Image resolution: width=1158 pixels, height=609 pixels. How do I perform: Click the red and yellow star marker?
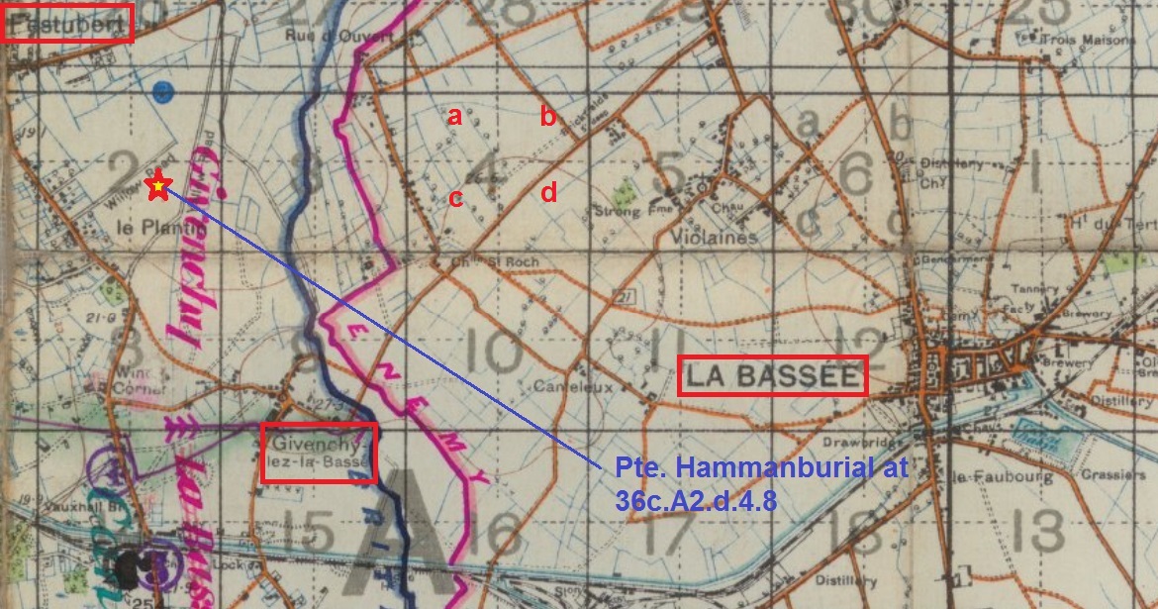click(157, 185)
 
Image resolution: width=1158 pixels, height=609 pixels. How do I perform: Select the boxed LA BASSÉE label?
click(772, 375)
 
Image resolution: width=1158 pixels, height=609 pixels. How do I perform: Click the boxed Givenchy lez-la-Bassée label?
click(319, 453)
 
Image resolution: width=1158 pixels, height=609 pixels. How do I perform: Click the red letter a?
click(454, 117)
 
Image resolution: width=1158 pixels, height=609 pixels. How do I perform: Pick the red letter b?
click(547, 117)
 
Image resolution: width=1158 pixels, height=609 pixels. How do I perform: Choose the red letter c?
click(455, 197)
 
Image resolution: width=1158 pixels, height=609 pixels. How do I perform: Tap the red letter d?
click(548, 192)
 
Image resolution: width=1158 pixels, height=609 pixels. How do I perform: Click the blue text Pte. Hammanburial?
click(760, 469)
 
